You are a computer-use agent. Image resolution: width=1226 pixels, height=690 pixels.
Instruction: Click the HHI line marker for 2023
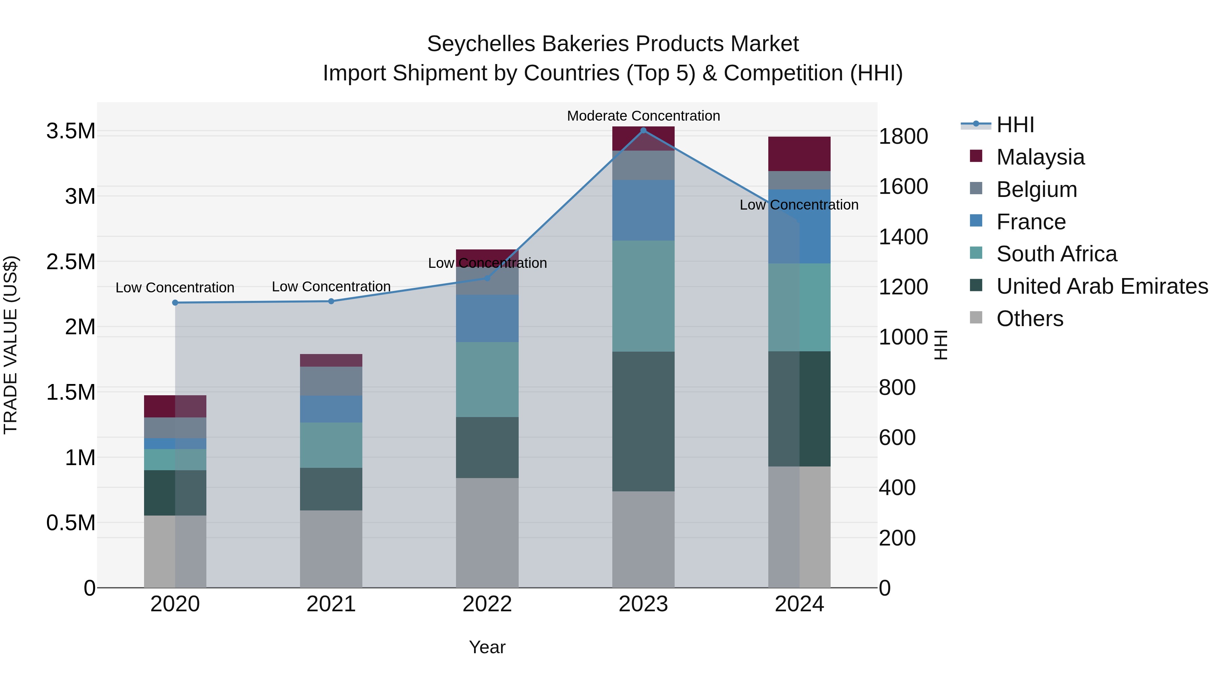click(643, 131)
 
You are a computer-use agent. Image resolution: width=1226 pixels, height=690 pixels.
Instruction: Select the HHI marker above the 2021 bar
click(331, 301)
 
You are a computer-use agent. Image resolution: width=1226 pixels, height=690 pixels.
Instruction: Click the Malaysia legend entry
click(1040, 157)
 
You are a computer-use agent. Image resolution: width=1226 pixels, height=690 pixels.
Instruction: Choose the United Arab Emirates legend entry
click(1102, 286)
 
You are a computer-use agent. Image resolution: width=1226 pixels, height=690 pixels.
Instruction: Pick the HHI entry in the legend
click(1015, 125)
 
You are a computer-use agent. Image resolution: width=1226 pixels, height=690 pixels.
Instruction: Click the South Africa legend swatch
click(976, 253)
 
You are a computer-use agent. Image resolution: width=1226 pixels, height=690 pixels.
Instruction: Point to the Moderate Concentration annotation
click(643, 116)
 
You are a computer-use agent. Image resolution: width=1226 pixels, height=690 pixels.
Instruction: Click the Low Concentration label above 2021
click(331, 287)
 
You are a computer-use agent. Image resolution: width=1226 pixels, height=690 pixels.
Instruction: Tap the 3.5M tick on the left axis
click(70, 131)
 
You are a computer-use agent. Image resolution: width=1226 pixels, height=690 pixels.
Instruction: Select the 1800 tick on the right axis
click(903, 137)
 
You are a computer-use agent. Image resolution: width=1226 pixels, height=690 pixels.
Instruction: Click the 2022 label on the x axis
click(487, 604)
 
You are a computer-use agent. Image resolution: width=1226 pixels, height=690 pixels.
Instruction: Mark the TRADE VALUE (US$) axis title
click(11, 345)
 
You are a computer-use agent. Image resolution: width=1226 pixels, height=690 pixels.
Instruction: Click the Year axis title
click(487, 647)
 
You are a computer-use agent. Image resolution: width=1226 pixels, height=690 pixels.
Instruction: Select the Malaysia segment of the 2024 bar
click(799, 154)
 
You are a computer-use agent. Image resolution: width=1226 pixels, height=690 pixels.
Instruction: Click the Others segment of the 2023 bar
click(643, 539)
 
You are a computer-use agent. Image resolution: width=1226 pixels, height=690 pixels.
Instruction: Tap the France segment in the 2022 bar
click(487, 318)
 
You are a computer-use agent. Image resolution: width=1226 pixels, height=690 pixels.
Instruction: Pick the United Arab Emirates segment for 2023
click(643, 421)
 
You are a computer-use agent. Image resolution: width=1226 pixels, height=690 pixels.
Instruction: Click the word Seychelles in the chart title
click(481, 44)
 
